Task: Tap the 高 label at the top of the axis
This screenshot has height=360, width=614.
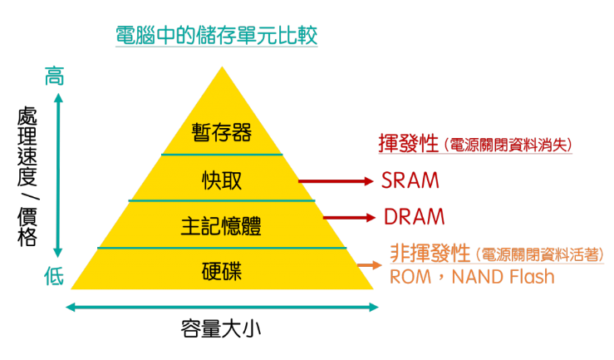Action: coord(54,77)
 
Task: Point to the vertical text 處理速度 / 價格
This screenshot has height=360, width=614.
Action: coord(27,176)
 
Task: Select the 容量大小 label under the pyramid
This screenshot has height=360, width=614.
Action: coord(221,328)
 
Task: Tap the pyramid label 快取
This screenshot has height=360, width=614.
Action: coord(221,180)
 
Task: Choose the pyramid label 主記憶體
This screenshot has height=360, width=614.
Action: coord(221,225)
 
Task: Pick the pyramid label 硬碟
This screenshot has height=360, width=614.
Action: coord(221,271)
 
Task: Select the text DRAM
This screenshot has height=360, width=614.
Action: coord(414,218)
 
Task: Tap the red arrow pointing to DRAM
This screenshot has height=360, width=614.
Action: coord(349,218)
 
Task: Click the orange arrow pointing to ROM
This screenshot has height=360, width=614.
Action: coord(368,267)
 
